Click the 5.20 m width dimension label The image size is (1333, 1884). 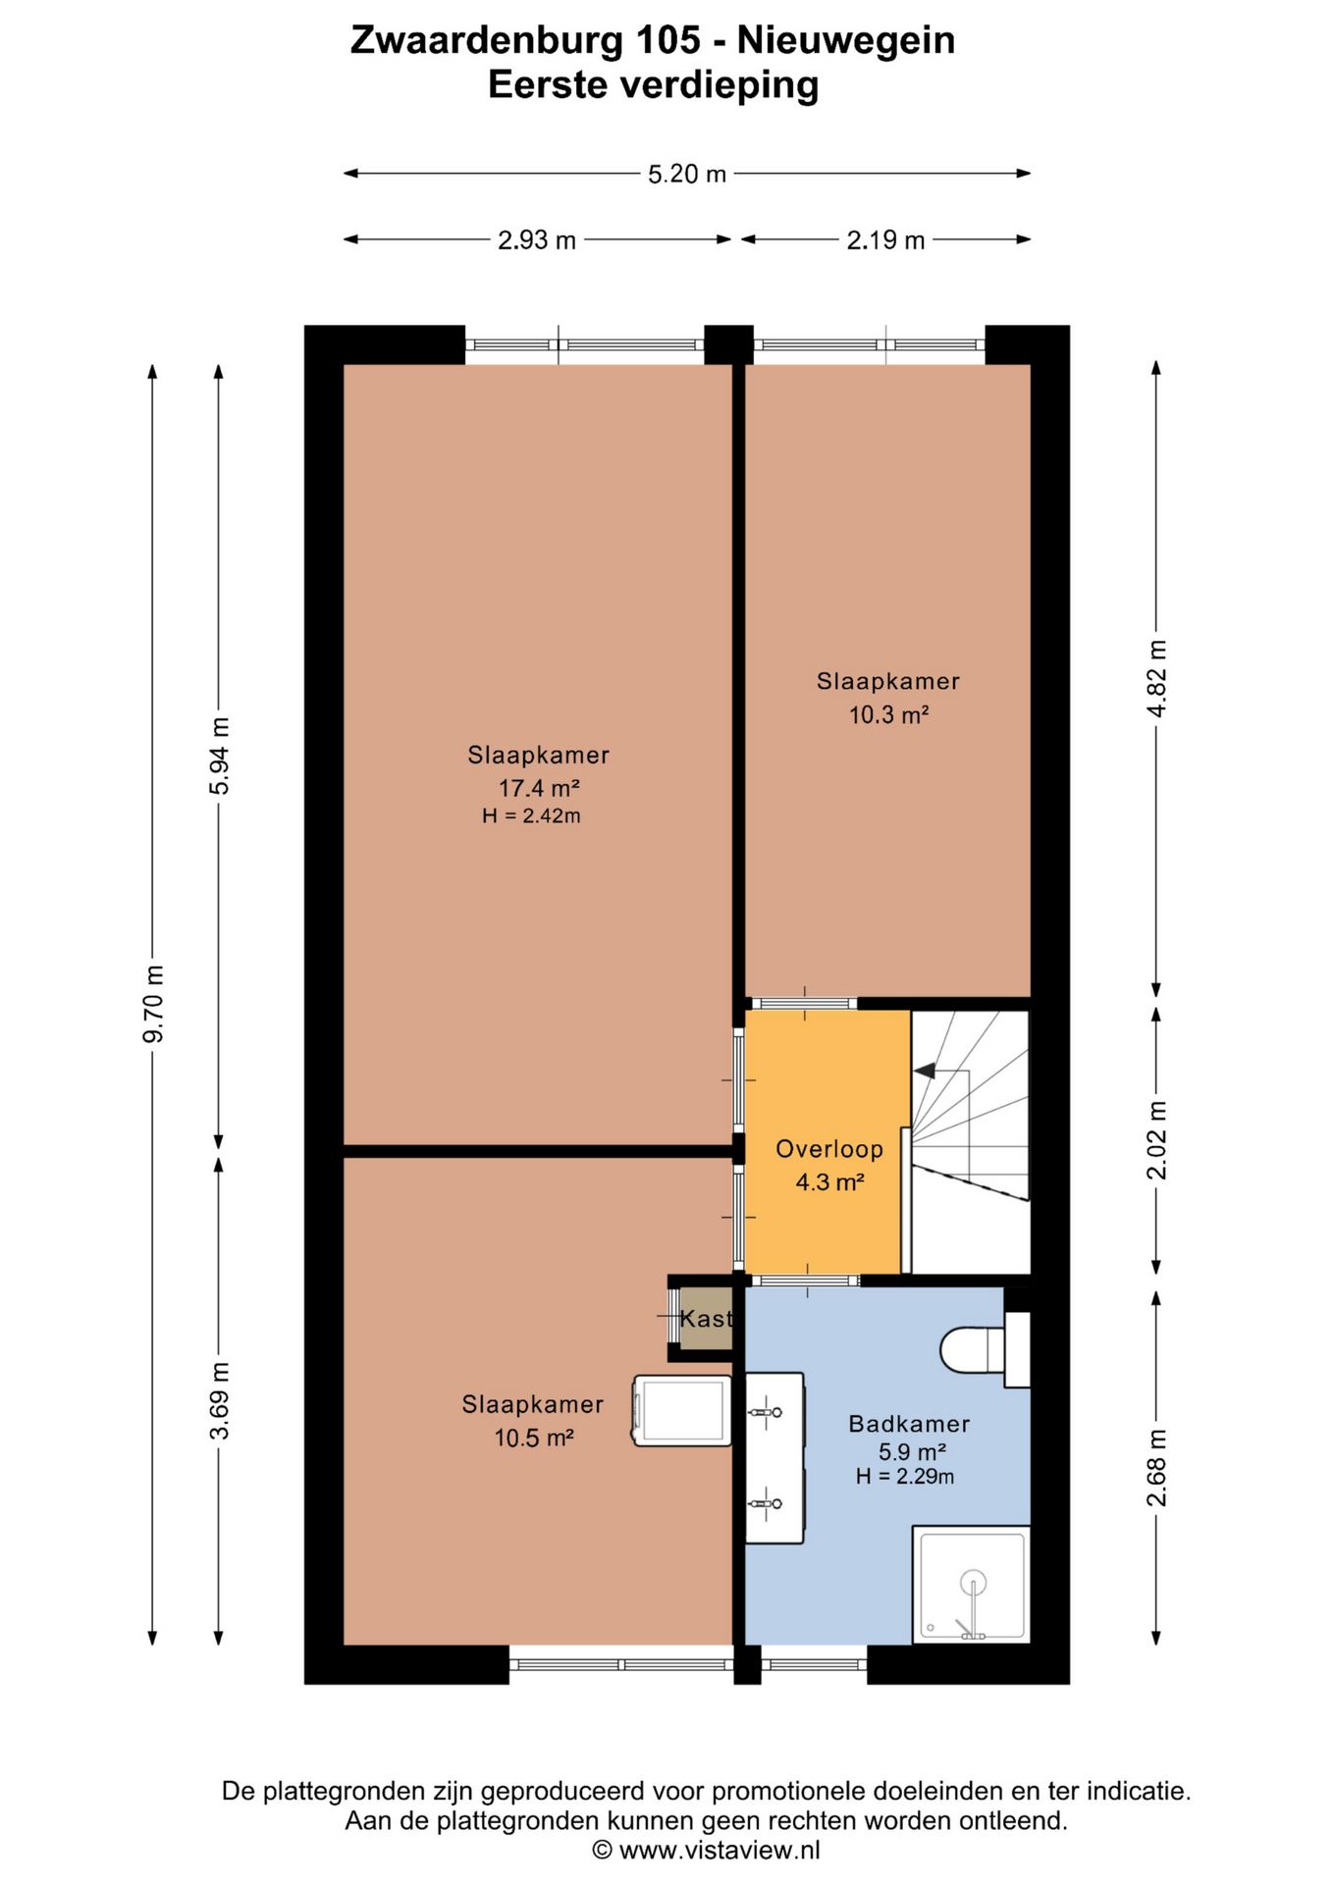[686, 174]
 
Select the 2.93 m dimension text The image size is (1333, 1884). [536, 239]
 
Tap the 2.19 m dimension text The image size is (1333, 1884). [885, 239]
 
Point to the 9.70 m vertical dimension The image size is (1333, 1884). [154, 1004]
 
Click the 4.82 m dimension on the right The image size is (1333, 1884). [1157, 678]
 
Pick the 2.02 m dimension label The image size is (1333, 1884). [1157, 1139]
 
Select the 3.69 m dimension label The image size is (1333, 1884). [221, 1400]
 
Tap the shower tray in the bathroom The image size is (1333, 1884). [971, 1585]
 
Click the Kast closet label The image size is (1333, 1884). [707, 1319]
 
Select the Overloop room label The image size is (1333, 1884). [829, 1149]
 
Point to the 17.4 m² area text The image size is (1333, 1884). [539, 788]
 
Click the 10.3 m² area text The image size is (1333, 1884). [888, 714]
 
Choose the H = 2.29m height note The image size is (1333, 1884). [905, 1476]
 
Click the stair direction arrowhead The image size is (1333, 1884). [924, 1071]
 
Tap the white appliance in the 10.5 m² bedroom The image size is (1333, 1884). [682, 1411]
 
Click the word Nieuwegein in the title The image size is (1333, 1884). [846, 40]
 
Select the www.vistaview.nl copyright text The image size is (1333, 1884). [707, 1851]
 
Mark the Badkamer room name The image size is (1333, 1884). [909, 1424]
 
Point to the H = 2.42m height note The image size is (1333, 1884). [531, 815]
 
